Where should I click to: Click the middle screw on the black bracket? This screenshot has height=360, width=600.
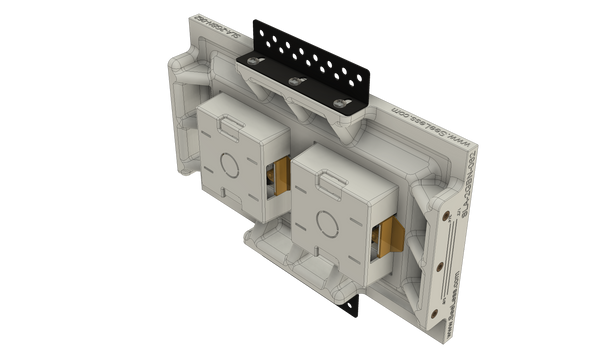point(297,80)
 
